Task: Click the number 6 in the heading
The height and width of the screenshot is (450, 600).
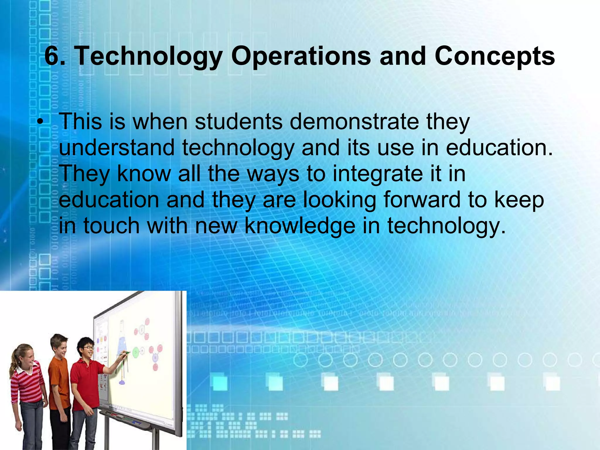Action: (x=52, y=56)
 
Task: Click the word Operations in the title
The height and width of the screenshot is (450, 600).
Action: (x=301, y=56)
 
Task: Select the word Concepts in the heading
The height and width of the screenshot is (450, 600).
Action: (x=495, y=56)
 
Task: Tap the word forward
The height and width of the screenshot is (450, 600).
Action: (x=422, y=200)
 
